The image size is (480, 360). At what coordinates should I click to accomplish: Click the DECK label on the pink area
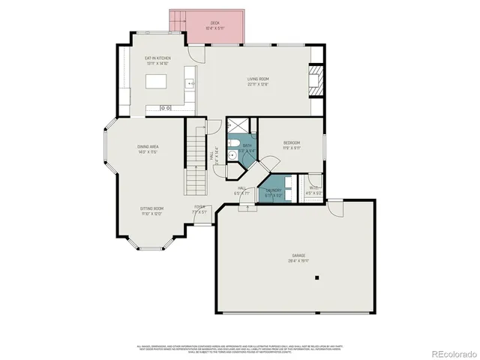pyautogui.click(x=214, y=23)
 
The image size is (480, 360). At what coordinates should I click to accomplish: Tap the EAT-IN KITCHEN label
pyautogui.click(x=157, y=58)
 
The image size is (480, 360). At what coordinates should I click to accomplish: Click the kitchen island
pyautogui.click(x=157, y=81)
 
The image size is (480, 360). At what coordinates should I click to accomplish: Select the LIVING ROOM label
pyautogui.click(x=259, y=79)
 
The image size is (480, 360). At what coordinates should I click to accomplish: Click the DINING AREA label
pyautogui.click(x=147, y=146)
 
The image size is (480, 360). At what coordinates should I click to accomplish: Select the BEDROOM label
pyautogui.click(x=292, y=142)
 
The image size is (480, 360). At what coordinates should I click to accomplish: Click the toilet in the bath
pyautogui.click(x=235, y=145)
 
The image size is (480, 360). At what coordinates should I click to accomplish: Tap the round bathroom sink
pyautogui.click(x=233, y=156)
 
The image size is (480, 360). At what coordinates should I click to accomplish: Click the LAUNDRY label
pyautogui.click(x=273, y=190)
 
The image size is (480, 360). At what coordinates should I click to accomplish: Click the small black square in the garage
pyautogui.click(x=316, y=277)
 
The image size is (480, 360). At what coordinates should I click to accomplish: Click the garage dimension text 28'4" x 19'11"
pyautogui.click(x=298, y=262)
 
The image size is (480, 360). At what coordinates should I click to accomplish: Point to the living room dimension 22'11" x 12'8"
pyautogui.click(x=259, y=84)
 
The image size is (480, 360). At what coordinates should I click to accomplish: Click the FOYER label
pyautogui.click(x=199, y=206)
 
